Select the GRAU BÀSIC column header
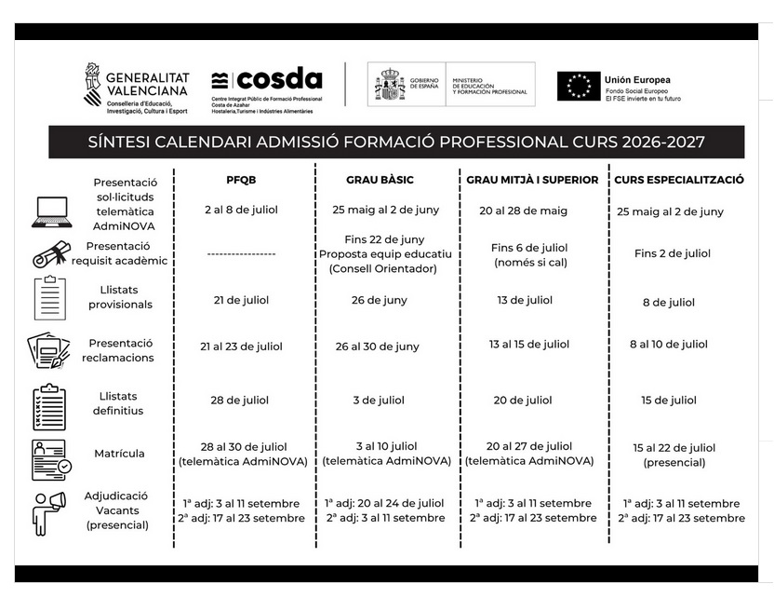(x=380, y=180)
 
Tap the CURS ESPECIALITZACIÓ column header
(x=679, y=180)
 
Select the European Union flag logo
(x=578, y=86)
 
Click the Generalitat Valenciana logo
(x=137, y=88)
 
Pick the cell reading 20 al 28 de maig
(x=523, y=211)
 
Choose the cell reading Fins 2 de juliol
(x=672, y=253)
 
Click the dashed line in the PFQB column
(x=240, y=253)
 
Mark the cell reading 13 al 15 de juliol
(x=528, y=345)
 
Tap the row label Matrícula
(x=119, y=455)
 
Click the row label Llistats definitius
(x=119, y=402)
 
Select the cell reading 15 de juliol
(x=669, y=401)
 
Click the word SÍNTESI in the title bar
(x=121, y=143)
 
